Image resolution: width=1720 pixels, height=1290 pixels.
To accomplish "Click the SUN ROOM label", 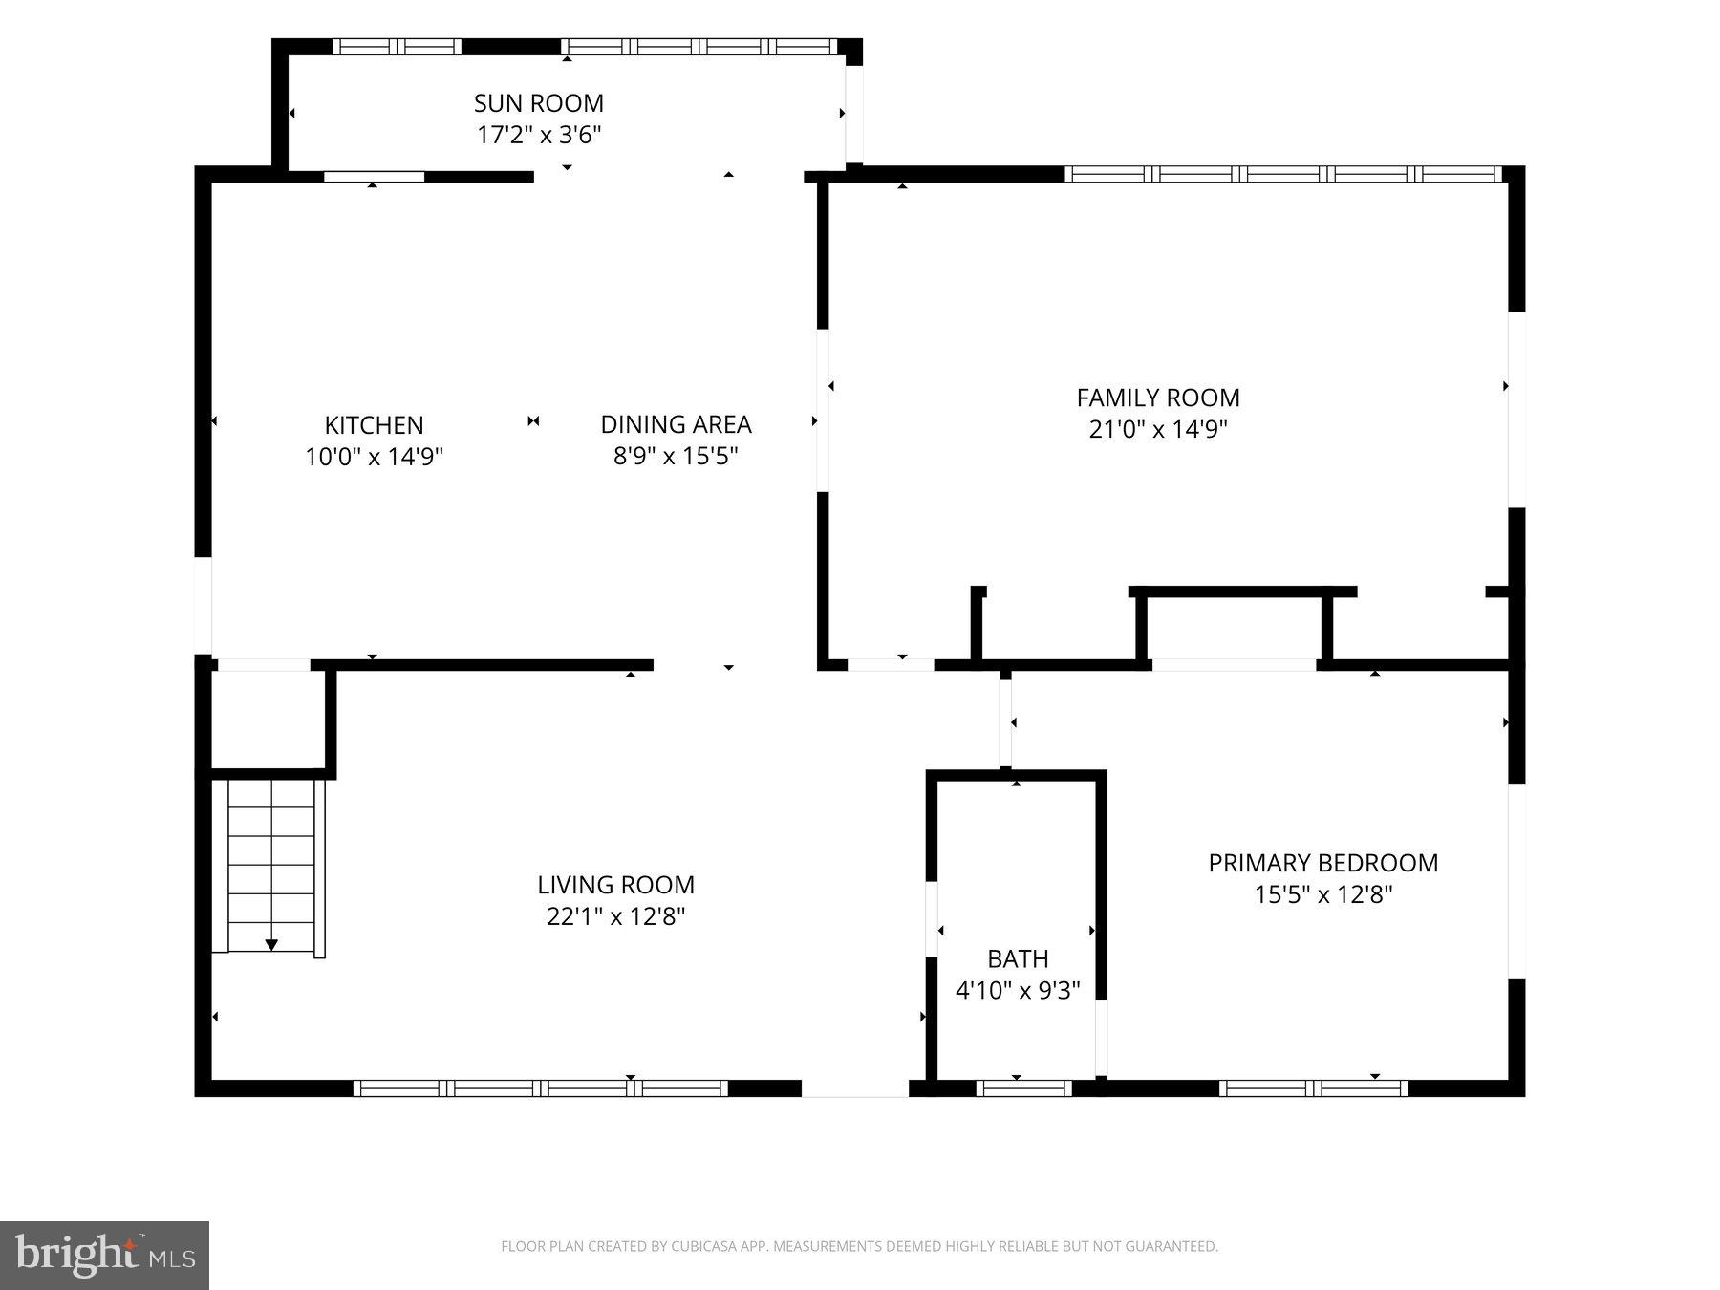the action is coord(539,103).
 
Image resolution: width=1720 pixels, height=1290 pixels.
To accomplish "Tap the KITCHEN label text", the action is coord(374,425).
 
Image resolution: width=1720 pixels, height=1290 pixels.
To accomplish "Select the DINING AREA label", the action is coord(676,424).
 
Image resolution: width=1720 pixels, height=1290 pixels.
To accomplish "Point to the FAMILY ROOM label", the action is coord(1158,398).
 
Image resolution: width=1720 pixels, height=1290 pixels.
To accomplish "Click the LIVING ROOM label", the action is coord(615,885).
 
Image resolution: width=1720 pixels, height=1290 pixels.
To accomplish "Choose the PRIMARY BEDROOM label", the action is coord(1323,863).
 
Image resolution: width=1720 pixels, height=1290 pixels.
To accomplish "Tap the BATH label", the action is coord(1018,958).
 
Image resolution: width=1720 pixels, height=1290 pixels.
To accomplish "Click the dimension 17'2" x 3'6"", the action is coord(539,135).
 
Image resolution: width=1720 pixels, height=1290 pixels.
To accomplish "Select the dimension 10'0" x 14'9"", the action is coord(374,457).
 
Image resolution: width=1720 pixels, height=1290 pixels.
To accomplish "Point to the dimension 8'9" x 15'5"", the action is coord(676,456).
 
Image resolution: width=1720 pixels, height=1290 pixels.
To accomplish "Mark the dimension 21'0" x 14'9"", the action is coord(1158,429).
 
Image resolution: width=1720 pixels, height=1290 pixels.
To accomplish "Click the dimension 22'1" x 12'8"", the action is coord(615,916).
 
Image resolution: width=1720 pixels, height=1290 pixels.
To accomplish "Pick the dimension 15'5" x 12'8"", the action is coord(1323,894).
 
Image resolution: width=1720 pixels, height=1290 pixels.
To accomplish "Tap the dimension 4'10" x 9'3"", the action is coord(1018,990).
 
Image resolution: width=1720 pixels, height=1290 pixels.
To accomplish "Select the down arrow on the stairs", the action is coord(271,945).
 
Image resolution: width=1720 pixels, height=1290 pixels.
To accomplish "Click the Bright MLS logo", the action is coord(104,1256).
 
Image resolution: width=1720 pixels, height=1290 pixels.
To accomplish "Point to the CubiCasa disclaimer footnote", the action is coord(859,1246).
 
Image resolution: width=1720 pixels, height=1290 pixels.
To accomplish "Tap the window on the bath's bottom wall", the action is coord(1024,1087).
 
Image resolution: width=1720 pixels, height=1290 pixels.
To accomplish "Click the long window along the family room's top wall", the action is coord(1283,174).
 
